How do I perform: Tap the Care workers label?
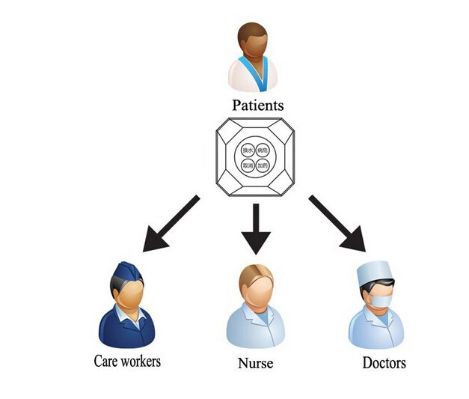(127, 360)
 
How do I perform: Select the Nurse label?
(254, 364)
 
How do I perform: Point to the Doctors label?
(384, 363)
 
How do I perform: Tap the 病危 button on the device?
(262, 150)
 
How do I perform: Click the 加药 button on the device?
(262, 164)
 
